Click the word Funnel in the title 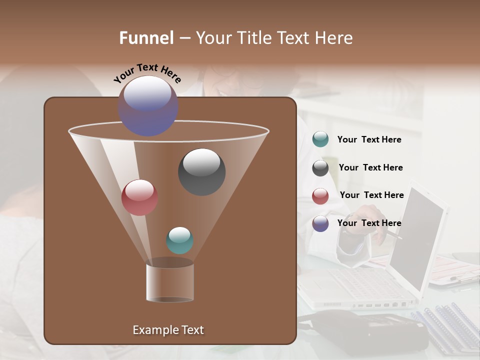pos(146,38)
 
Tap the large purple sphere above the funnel pos(148,106)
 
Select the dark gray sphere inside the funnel pos(202,172)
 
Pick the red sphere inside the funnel pos(139,197)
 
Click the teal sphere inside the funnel pos(179,240)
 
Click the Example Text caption pos(168,330)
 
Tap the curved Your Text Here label pos(147,73)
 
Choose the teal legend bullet pos(320,139)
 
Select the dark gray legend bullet pos(320,168)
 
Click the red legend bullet pos(320,196)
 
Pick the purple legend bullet pos(320,223)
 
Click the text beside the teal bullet pos(369,139)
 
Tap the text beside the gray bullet pos(370,167)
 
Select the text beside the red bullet pos(371,195)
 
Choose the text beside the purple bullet pos(369,223)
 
